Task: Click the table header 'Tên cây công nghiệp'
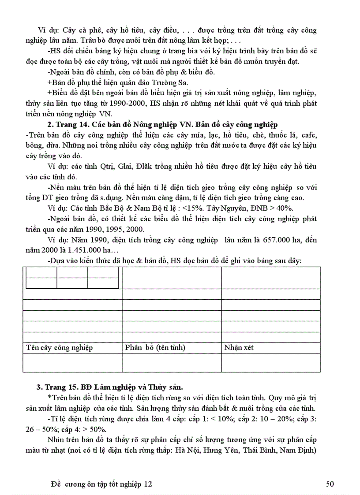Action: (x=59, y=348)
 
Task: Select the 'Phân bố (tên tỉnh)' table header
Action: (x=155, y=348)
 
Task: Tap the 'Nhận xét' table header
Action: (x=239, y=348)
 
